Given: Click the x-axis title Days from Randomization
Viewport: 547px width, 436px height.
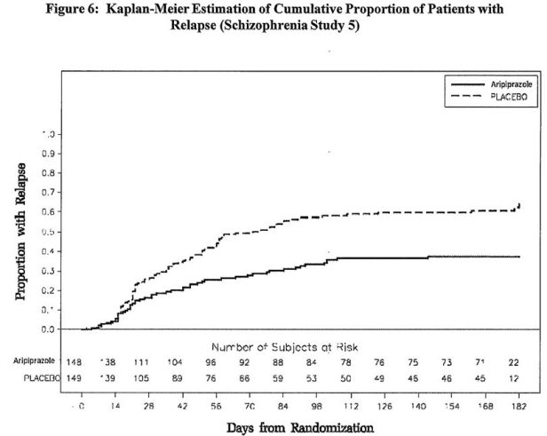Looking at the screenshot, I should (301, 426).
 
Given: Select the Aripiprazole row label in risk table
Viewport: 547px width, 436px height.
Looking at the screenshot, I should (34, 362).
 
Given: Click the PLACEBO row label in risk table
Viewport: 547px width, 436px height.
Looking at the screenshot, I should (36, 378).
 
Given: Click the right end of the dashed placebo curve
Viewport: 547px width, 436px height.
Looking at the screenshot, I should (519, 204).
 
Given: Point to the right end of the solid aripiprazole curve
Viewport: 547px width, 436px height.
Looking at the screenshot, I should (519, 257).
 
